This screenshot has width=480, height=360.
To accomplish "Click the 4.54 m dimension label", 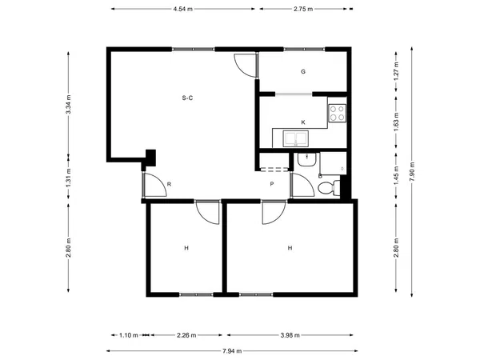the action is tap(182, 9).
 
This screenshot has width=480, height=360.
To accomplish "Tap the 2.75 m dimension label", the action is tap(303, 9).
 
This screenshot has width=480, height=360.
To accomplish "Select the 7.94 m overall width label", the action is tap(232, 351).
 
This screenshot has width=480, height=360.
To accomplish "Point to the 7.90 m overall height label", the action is tap(412, 171).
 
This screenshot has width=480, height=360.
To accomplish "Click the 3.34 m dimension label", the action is tap(68, 104).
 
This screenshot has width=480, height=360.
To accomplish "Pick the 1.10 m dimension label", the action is tap(129, 335).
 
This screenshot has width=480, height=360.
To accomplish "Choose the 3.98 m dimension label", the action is tap(290, 335).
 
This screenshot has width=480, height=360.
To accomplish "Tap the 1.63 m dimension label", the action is tap(397, 122).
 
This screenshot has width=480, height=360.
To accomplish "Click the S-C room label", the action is tap(187, 98).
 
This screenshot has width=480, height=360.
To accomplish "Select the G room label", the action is tap(303, 72).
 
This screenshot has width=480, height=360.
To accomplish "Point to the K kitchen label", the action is tap(303, 122).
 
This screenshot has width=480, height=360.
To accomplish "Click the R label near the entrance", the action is tap(169, 184).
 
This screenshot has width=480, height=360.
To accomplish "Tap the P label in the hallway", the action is tap(272, 184).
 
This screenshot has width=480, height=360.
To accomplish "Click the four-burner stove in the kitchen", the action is tap(338, 113).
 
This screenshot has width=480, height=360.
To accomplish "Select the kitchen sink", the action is tap(296, 138).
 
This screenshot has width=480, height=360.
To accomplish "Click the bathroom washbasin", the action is tap(307, 159).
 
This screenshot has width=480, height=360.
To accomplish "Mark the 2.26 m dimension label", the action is tap(186, 335).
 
